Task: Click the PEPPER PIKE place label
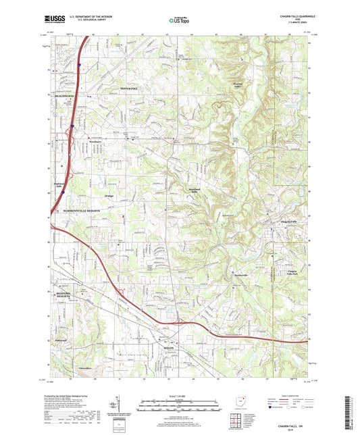pyautogui.click(x=129, y=89)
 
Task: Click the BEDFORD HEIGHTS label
pyautogui.click(x=61, y=295)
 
